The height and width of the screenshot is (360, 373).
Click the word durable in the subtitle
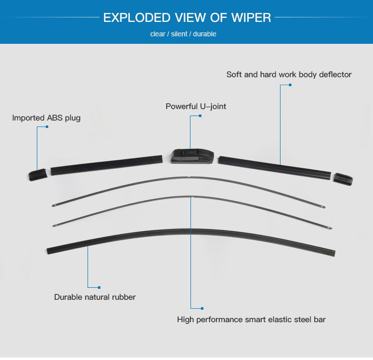tap(205, 34)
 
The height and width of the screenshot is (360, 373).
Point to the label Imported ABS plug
tap(46, 118)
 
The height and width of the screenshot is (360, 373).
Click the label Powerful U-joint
tap(196, 107)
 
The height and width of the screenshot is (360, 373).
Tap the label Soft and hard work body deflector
tap(289, 75)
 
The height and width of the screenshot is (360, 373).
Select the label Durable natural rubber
tap(95, 297)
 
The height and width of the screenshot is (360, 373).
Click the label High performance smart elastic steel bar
tap(251, 319)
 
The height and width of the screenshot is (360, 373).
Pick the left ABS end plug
tap(37, 174)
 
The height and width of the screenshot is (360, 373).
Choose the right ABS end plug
tap(343, 179)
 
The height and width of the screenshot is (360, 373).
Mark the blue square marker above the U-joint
tap(200, 116)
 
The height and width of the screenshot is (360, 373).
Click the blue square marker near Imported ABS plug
tap(47, 127)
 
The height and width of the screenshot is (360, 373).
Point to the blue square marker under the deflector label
tap(290, 85)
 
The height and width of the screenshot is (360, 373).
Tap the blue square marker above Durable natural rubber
tap(99, 287)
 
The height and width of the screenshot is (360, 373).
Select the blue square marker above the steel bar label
tap(202, 309)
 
